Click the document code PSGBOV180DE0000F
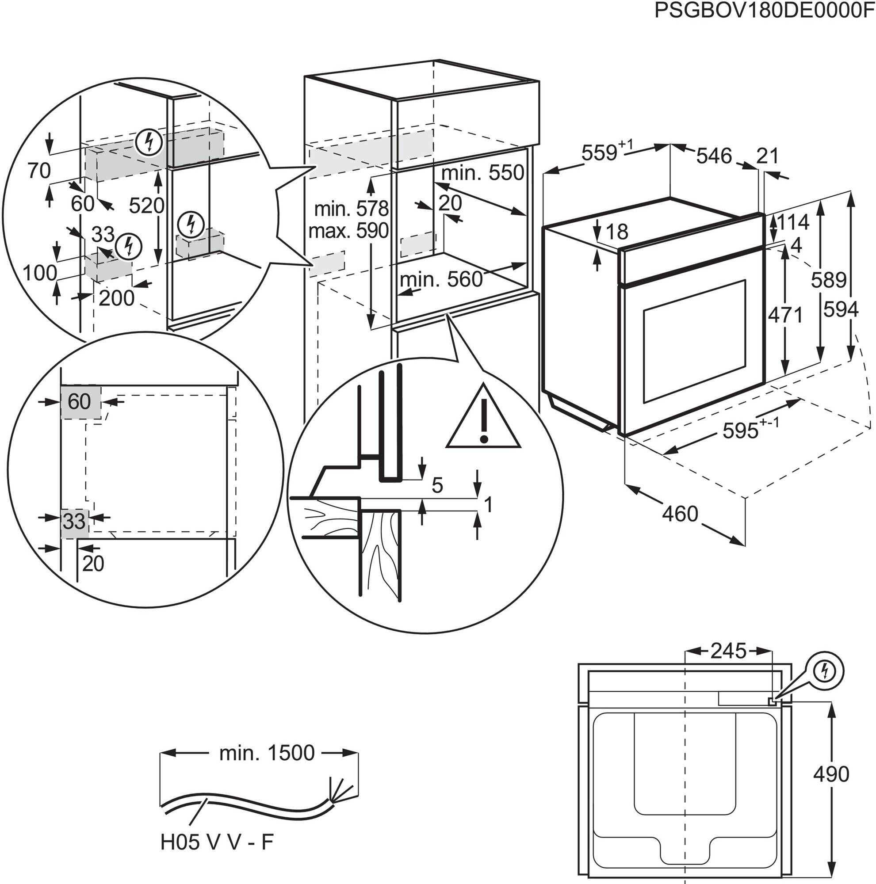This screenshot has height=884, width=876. point(764,11)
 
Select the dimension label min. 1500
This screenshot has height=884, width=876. point(267,753)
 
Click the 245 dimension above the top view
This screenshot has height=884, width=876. point(728,651)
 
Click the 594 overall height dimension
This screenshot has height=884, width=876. point(841,310)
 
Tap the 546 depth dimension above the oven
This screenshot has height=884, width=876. point(714,156)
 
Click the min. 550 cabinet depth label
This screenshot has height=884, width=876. point(482,173)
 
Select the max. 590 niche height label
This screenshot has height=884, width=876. point(348,231)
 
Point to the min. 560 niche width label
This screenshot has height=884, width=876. point(441,279)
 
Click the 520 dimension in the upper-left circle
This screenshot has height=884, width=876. point(146,206)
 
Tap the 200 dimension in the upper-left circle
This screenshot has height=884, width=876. point(116,298)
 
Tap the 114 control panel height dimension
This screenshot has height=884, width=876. point(793,222)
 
